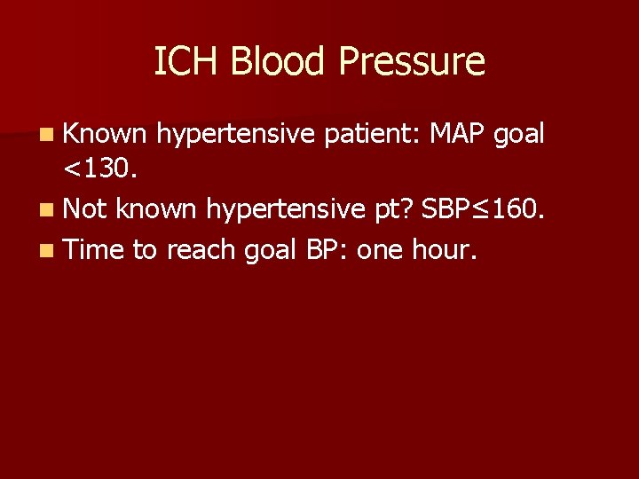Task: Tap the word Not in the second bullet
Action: point(84,210)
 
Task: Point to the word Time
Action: point(93,249)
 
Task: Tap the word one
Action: point(383,251)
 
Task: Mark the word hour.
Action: point(446,250)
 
